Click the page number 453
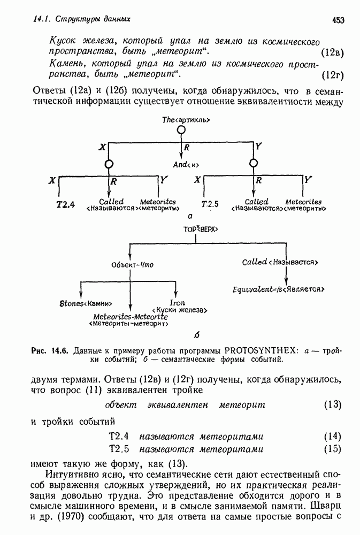pos(338,20)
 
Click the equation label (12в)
pos(331,52)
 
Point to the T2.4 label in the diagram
pos(65,204)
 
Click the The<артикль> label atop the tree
pos(181,121)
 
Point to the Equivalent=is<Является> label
pos(279,289)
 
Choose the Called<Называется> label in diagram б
pos(280,262)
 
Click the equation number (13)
pos(332,404)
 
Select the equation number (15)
pos(332,448)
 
